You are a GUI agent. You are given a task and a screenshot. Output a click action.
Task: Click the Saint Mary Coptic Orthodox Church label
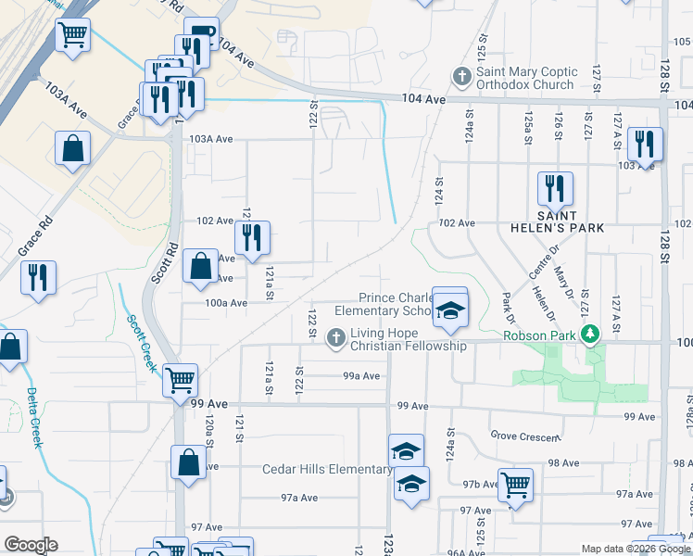[525, 78]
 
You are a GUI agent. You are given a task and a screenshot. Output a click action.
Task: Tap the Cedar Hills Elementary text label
[327, 469]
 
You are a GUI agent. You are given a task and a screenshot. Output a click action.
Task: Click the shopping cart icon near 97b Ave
[515, 484]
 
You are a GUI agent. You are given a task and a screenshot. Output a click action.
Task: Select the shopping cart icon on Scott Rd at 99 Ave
[180, 379]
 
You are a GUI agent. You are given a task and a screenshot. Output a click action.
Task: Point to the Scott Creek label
[142, 341]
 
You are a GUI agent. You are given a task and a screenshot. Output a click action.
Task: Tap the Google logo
[31, 545]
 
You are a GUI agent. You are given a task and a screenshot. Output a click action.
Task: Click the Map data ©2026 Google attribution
[636, 549]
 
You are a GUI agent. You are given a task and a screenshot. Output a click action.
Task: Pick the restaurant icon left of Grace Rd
[38, 278]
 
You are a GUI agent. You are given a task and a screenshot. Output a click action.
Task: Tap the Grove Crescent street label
[525, 436]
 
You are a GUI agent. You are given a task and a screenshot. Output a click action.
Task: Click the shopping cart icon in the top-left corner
[72, 36]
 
